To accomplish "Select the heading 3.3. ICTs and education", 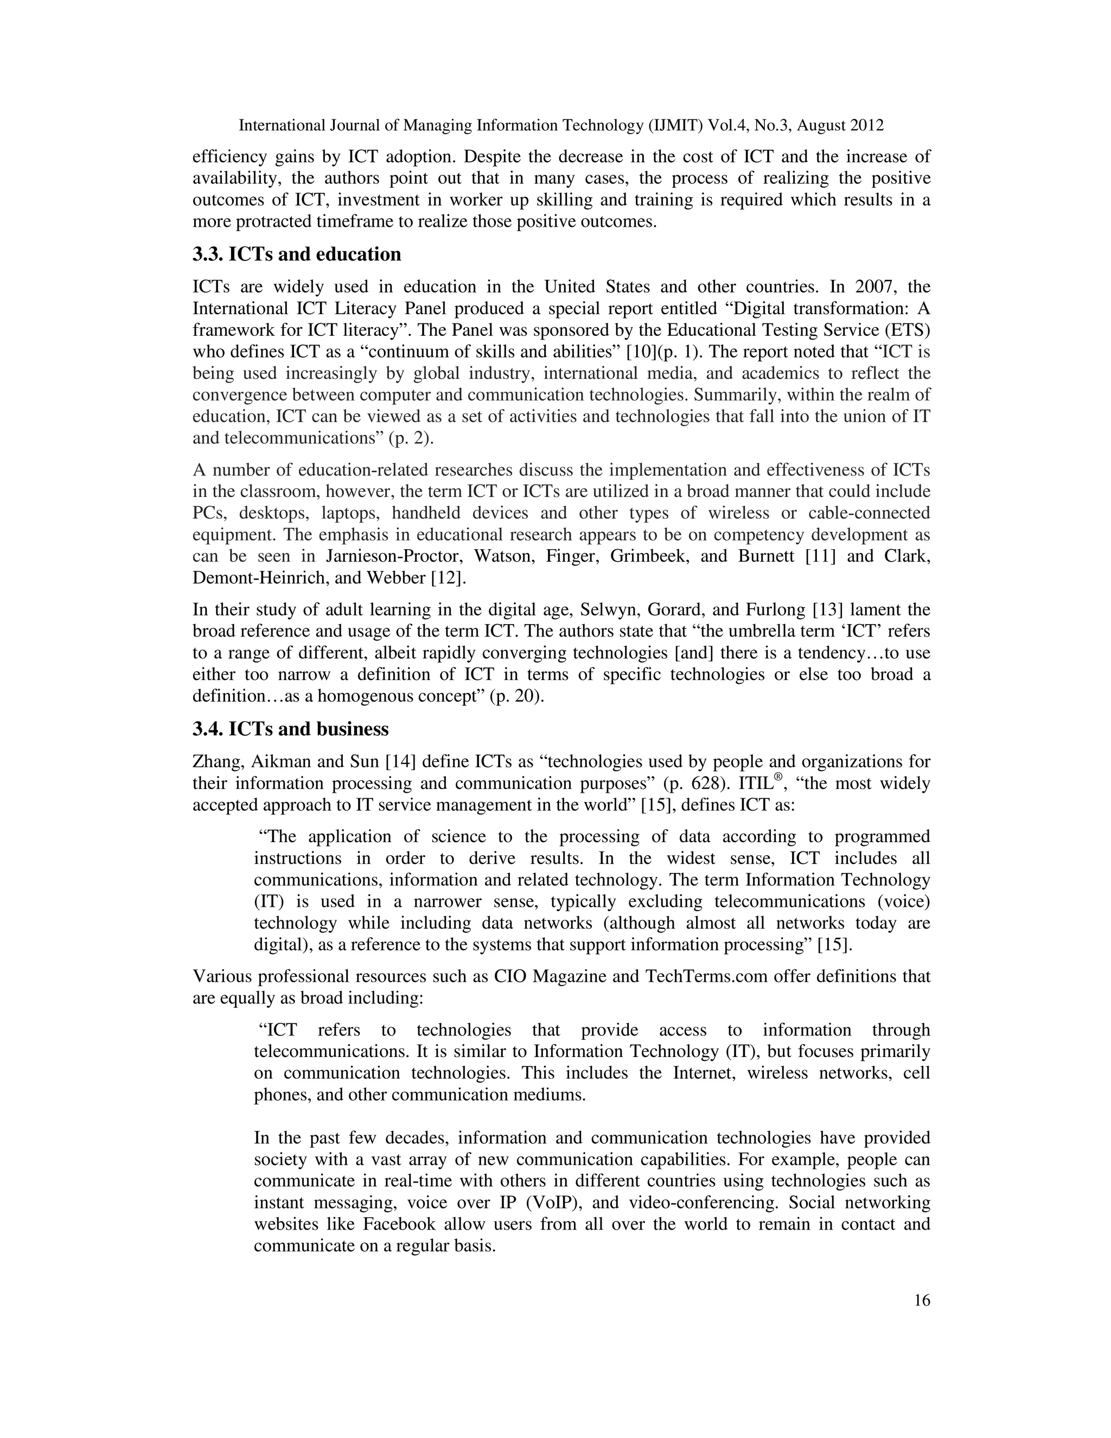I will pos(296,254).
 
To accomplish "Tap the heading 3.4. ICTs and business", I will pos(290,729).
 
